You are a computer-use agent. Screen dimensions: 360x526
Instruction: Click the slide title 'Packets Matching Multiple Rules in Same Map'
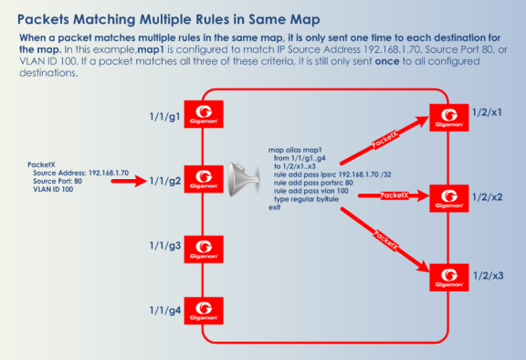coord(170,16)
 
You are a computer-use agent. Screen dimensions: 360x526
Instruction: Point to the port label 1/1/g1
coord(164,116)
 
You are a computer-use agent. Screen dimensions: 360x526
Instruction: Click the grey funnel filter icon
coord(243,176)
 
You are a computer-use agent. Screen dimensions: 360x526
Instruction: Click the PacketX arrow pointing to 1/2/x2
coord(393,195)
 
